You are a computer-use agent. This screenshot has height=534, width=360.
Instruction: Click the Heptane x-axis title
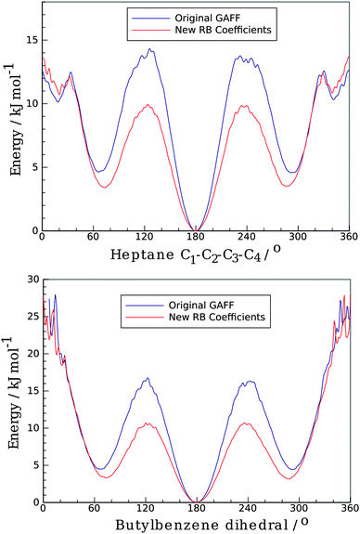(194, 254)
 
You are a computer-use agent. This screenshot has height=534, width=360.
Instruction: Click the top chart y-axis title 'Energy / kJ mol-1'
(11, 121)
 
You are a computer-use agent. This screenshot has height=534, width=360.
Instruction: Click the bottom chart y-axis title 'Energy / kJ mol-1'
(11, 390)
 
